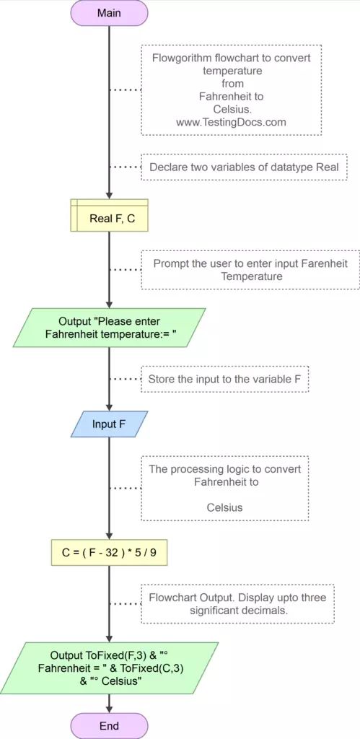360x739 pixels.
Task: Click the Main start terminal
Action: point(109,12)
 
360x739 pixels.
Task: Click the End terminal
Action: point(109,725)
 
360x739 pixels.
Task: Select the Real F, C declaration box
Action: point(109,215)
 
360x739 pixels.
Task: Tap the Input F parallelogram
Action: point(109,424)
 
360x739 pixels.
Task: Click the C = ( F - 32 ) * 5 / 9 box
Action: point(109,553)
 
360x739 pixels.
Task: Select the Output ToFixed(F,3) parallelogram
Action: point(109,668)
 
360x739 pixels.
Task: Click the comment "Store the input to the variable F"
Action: point(224,378)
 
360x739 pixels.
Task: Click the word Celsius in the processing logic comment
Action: point(224,507)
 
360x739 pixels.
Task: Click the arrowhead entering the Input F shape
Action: point(109,407)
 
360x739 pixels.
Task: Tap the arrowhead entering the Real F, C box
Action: point(109,195)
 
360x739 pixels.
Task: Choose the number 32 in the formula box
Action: point(117,553)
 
